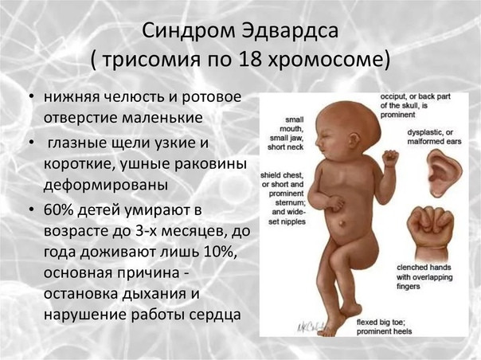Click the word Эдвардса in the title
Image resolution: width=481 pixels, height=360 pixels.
[290, 30]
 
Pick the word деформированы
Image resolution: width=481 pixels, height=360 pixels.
[106, 185]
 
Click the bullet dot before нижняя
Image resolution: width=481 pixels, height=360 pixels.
[31, 97]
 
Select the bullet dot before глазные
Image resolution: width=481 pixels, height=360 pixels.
[31, 143]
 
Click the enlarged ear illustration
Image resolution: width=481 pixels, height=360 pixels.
[444, 173]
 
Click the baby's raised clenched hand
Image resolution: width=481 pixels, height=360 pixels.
[390, 158]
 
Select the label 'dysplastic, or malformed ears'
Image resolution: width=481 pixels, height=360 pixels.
[434, 137]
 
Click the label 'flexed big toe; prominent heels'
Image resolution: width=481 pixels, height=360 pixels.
[384, 327]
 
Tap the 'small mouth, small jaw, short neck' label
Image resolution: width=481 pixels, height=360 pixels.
[286, 133]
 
